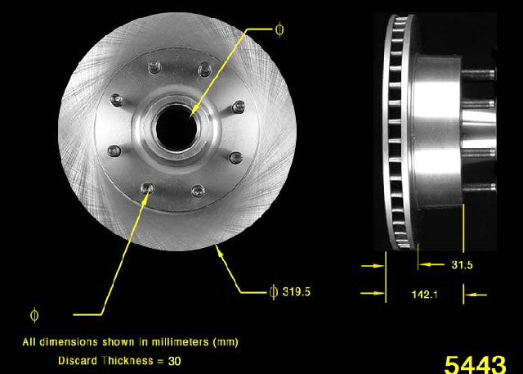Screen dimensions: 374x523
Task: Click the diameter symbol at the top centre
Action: (280, 30)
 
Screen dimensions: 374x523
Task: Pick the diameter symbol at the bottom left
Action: (34, 313)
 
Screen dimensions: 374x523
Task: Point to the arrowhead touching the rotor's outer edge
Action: (218, 249)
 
